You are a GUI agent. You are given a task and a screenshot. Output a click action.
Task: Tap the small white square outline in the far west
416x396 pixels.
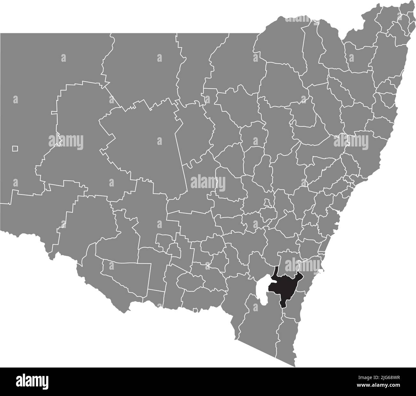pos(15,148)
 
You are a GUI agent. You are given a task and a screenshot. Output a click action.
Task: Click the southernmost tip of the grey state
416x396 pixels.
pos(294,366)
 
